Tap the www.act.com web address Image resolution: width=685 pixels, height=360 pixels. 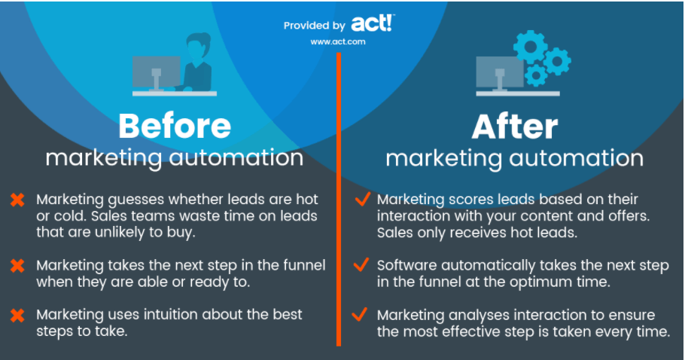pos(338,42)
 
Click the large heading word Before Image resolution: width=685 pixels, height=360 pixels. pos(175,126)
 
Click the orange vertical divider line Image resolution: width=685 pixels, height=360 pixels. pos(339,203)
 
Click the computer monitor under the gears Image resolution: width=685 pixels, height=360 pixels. pos(499,72)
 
